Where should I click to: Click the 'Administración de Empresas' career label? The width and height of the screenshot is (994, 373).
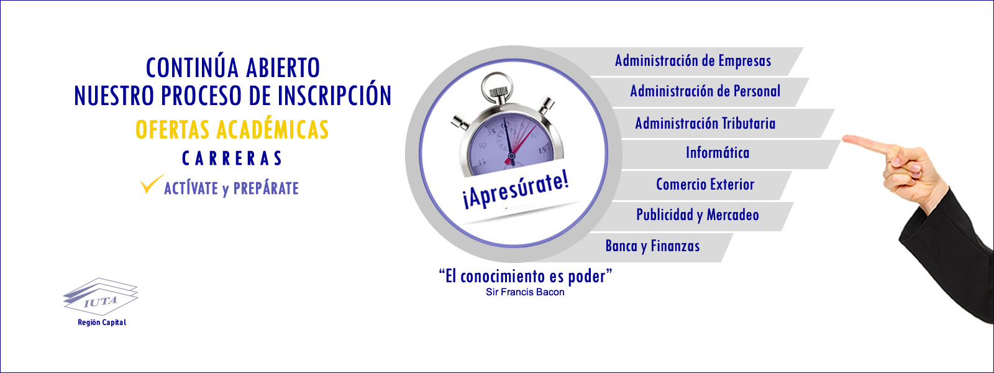(693, 61)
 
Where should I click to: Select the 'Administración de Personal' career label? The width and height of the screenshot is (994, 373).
(705, 91)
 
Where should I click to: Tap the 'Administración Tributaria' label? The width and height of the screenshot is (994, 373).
(705, 123)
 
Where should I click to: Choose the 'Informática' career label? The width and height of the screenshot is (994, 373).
(718, 153)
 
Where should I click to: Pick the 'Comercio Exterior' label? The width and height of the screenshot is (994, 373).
(705, 184)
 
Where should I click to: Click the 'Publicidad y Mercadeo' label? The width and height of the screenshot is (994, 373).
(698, 215)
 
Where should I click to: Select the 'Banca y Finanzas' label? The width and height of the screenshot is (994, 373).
(652, 246)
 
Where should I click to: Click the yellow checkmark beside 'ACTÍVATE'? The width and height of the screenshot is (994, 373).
(152, 184)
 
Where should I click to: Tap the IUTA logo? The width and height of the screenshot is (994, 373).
(101, 296)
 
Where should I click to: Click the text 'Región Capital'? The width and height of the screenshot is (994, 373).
(102, 323)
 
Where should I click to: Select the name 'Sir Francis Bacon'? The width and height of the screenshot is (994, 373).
(525, 292)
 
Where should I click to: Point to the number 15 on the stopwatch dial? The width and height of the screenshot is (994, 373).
(542, 150)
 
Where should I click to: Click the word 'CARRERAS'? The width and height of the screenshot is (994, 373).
(232, 159)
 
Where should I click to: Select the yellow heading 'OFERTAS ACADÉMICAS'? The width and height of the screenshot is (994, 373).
(232, 130)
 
